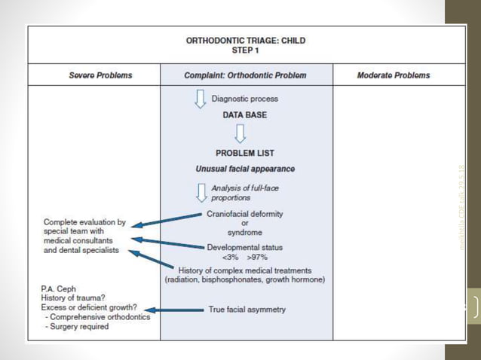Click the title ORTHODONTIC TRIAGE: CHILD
pos(246,41)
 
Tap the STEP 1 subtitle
pos(246,50)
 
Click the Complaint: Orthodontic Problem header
pos(246,75)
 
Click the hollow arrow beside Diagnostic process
pos(201,99)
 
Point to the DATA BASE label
pos(244,115)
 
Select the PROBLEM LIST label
pos(245,153)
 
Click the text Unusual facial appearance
pos(245,169)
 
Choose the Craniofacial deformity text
pos(245,214)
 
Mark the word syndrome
pos(245,233)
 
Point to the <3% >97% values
pos(245,257)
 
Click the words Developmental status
pos(245,246)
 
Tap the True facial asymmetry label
pos(247,310)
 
